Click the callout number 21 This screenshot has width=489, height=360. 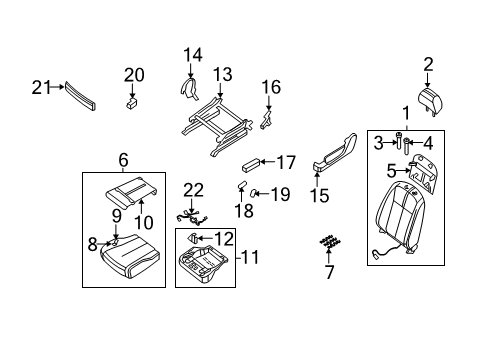pos(40,87)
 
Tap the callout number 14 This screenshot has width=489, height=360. pos(192,54)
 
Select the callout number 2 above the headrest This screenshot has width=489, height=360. pos(428,65)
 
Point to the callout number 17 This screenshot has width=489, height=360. pos(287,162)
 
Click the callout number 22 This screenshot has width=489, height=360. pos(193,190)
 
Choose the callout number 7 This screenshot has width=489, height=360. pos(329,271)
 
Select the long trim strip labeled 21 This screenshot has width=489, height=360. pos(82,95)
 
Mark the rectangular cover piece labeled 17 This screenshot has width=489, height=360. pos(256,164)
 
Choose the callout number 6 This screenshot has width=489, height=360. pos(123,159)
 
